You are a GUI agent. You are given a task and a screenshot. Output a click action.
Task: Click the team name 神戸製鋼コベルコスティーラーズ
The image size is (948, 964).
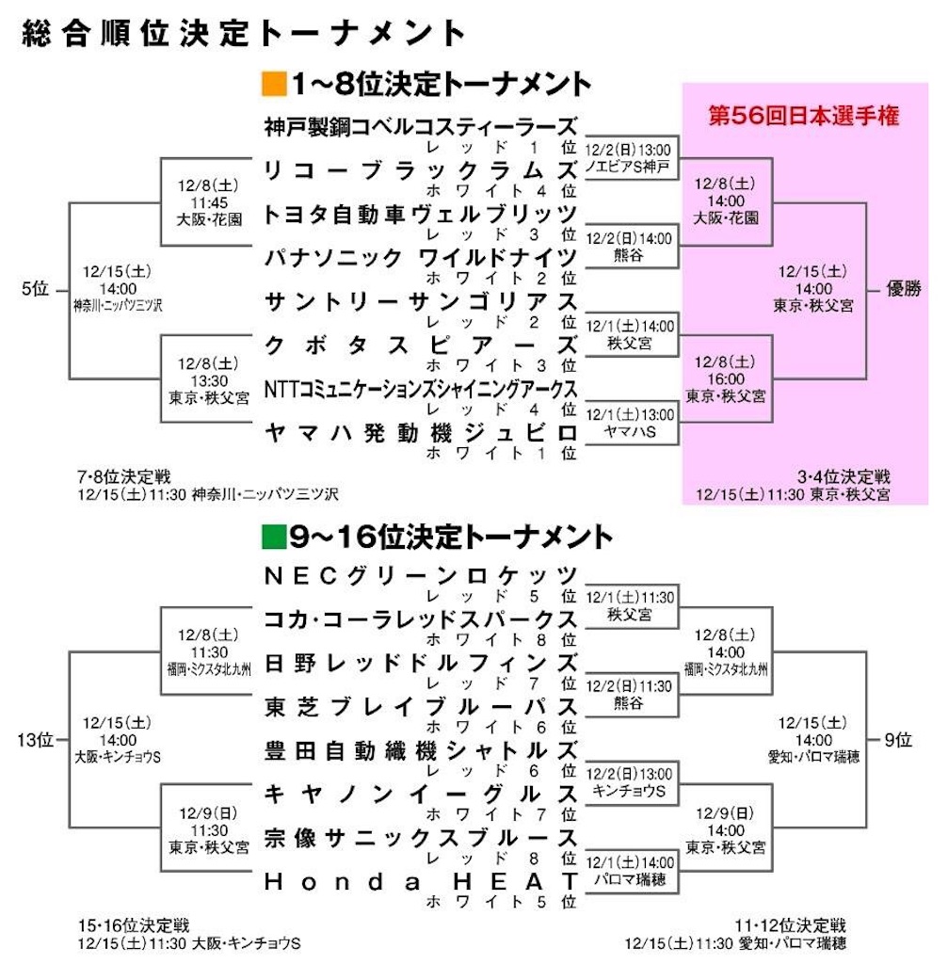click(420, 125)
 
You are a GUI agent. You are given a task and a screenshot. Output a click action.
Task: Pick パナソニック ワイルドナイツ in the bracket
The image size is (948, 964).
click(420, 257)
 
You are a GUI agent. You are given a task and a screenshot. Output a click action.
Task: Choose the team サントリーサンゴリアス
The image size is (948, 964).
click(420, 301)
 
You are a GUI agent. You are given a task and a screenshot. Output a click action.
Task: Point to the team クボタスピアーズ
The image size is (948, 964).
click(420, 345)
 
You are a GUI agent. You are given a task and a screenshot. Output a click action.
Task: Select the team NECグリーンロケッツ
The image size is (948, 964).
click(420, 573)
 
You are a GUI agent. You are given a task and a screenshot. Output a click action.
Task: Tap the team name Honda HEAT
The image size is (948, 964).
click(420, 881)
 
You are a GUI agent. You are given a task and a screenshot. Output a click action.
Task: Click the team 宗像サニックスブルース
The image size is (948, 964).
click(420, 837)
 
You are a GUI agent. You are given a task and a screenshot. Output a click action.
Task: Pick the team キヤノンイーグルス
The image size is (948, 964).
click(420, 793)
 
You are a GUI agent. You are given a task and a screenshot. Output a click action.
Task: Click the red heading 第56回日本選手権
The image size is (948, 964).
click(804, 117)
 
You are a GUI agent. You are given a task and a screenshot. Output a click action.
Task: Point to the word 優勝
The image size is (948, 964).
click(909, 290)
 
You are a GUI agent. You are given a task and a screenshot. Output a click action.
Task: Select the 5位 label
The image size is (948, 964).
click(34, 290)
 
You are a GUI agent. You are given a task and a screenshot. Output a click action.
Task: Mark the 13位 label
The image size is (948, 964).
click(34, 740)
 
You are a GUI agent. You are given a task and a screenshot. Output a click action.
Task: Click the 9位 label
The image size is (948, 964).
click(898, 740)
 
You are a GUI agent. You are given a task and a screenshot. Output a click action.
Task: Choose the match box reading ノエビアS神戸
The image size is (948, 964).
click(628, 159)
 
